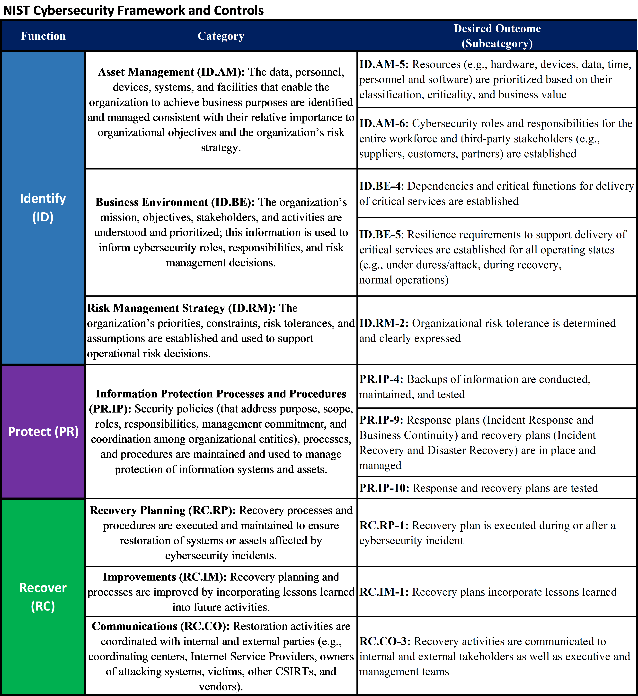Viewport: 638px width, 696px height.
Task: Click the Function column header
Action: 43,36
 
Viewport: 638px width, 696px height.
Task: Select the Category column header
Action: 221,36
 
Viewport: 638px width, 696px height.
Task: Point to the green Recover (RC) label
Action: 43,597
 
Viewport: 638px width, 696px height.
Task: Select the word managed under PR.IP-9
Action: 380,465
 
